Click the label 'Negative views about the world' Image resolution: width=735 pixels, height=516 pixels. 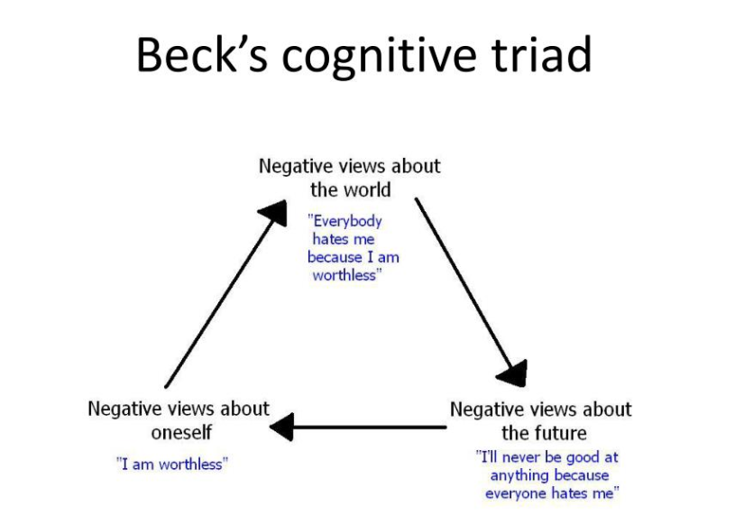coord(350,178)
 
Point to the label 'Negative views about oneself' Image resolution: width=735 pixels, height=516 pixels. coord(179,419)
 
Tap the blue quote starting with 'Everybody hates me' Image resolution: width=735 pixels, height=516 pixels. coord(352,248)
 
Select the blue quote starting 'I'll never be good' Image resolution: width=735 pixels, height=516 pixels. coord(549,475)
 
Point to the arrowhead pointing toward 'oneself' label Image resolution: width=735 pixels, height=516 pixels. coord(282,426)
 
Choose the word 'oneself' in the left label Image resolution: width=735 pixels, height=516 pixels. coord(181,431)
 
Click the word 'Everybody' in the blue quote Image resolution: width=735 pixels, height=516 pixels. coord(347,221)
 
